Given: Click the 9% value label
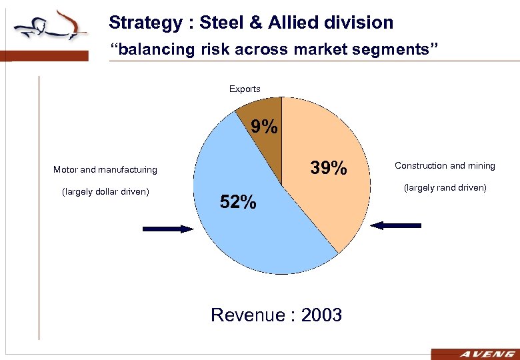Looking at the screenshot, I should (x=264, y=127).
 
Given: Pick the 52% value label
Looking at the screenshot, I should (x=238, y=202).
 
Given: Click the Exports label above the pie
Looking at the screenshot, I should (x=245, y=89).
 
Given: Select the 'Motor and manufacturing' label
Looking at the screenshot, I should (x=105, y=169).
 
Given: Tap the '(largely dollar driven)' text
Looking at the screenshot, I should (x=105, y=193).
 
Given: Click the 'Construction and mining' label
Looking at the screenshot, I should (x=445, y=165).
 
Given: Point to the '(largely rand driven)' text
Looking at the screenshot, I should (x=445, y=187).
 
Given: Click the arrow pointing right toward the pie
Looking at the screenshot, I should (x=168, y=229).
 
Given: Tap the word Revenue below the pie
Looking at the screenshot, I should (x=247, y=315).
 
